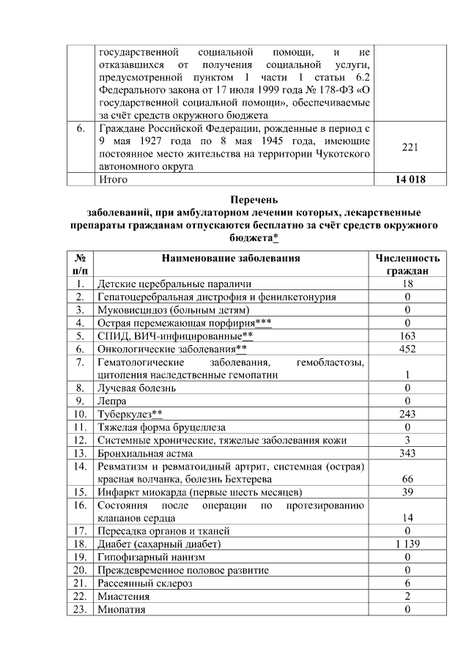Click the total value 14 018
point(410,179)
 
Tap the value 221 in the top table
point(410,147)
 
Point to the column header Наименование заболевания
point(232,259)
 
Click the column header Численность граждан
point(408,264)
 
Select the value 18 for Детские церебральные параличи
point(407,284)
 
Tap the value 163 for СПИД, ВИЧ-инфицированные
point(407,336)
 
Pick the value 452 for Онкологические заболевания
point(407,349)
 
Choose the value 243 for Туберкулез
point(407,414)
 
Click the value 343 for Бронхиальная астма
point(407,453)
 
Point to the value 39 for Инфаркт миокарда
point(407,492)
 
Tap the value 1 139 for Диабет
point(407,544)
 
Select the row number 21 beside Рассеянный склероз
point(81,583)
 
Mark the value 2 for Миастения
point(407,596)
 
